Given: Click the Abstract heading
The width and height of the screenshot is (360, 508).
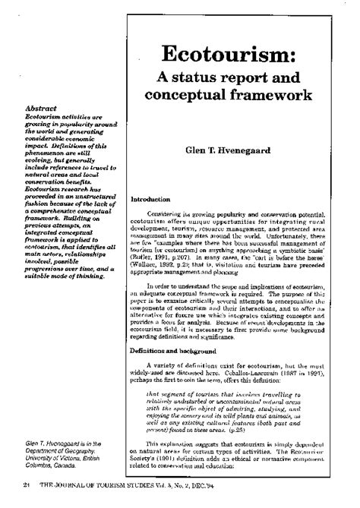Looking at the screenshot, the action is pyautogui.click(x=41, y=108).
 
